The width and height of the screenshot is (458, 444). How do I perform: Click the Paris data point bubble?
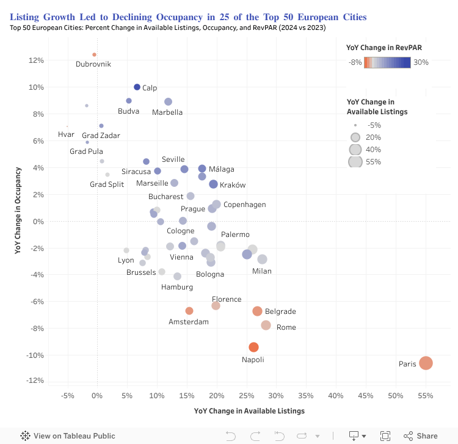(x=426, y=363)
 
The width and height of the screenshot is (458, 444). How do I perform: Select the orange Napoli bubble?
(x=253, y=347)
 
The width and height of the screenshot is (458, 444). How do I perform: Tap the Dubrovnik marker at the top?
(x=94, y=54)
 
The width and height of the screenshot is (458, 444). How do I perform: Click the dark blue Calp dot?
(x=137, y=87)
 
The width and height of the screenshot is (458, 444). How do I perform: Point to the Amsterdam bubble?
(x=189, y=311)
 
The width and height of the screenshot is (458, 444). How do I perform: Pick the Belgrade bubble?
(x=257, y=311)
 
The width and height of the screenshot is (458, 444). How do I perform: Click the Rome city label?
(x=286, y=327)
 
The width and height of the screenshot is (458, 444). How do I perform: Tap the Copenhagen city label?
(x=244, y=205)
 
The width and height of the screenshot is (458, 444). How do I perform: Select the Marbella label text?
(x=167, y=112)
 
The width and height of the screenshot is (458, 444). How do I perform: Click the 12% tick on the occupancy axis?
(x=35, y=60)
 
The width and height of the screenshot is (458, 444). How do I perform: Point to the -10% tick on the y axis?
(x=34, y=355)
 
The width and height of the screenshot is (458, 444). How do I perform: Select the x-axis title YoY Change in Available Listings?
(x=249, y=411)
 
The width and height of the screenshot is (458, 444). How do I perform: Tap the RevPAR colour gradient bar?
(x=387, y=62)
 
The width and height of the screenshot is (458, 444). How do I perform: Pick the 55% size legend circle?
(x=355, y=161)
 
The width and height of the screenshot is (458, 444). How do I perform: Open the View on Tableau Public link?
(x=68, y=436)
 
